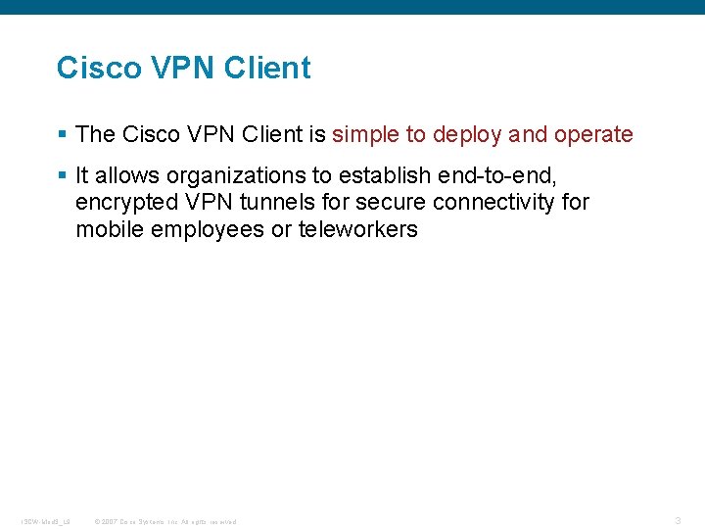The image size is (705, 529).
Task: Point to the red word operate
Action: pos(594,135)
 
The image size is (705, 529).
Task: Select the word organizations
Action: pos(237,176)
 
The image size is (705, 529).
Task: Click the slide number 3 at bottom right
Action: pos(678,520)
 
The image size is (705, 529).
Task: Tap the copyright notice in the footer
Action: pos(164,521)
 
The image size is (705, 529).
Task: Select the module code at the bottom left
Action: pos(45,521)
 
